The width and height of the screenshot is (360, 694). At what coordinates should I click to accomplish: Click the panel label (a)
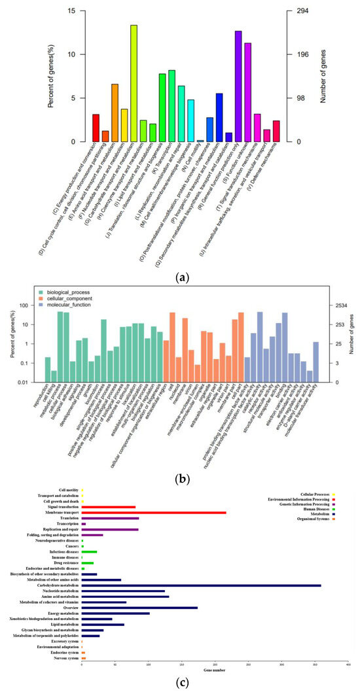(179, 278)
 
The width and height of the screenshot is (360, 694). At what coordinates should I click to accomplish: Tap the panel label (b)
(179, 461)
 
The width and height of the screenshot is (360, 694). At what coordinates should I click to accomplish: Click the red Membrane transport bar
(153, 512)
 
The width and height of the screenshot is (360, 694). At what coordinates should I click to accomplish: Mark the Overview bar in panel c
(139, 608)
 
